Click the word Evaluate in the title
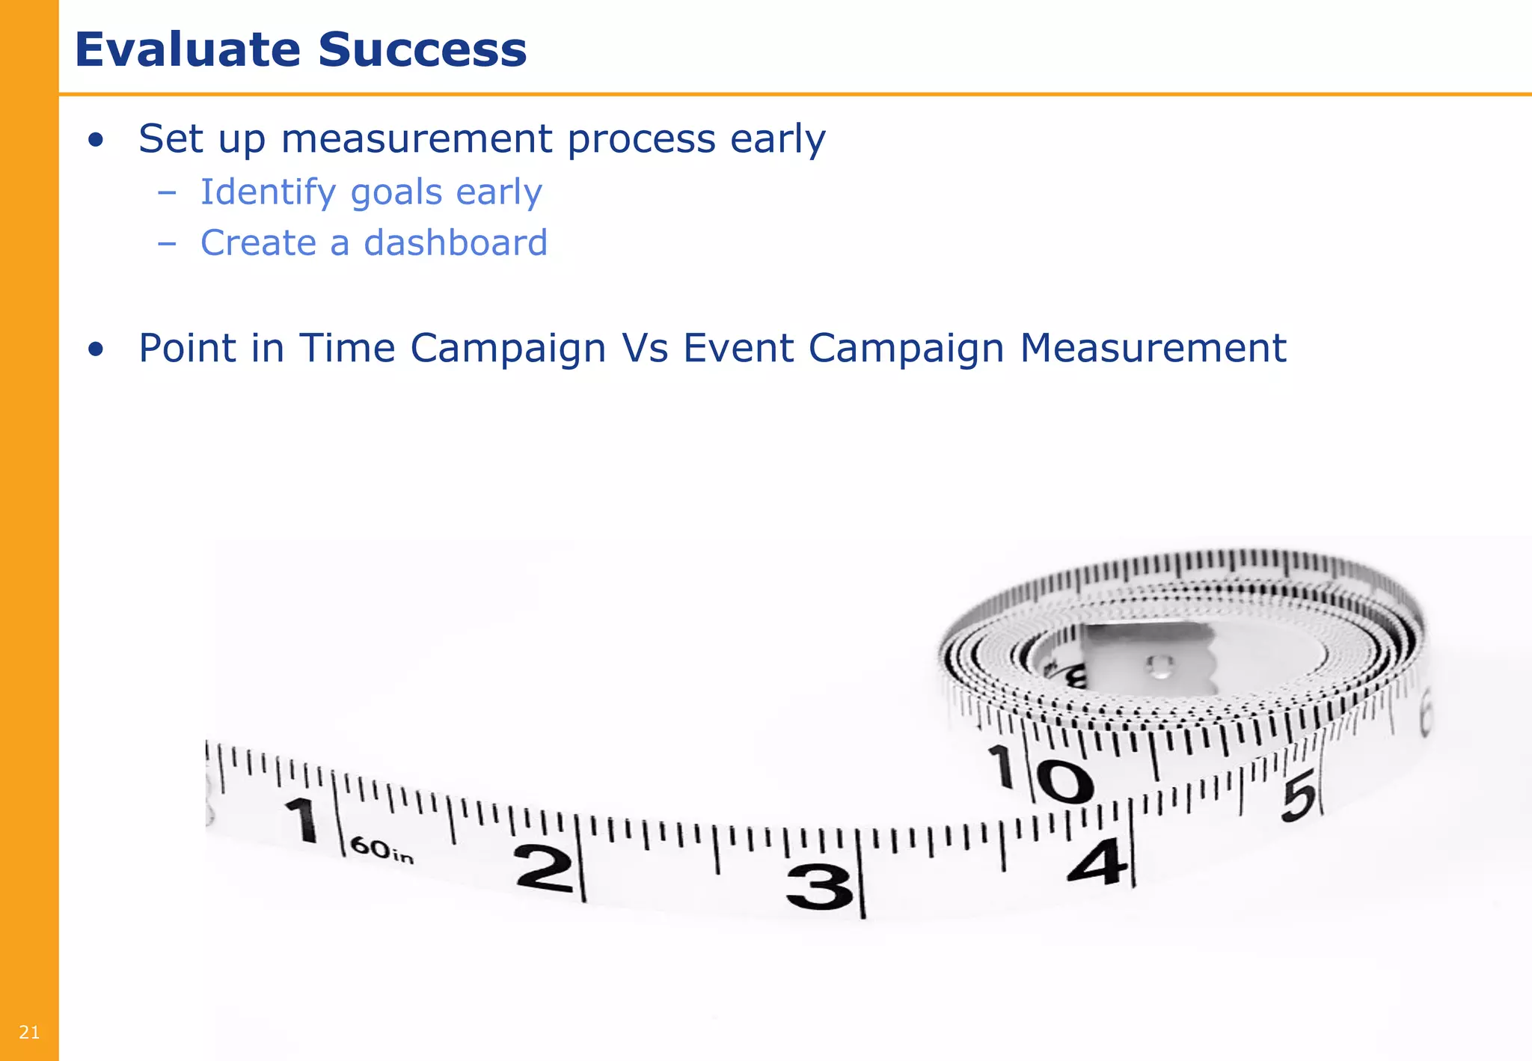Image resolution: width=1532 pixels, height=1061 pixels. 187,49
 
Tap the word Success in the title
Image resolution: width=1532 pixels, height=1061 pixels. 423,49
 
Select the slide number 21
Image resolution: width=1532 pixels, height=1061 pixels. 29,1033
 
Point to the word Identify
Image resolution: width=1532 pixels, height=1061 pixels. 268,193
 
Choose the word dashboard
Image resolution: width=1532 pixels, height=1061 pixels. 456,243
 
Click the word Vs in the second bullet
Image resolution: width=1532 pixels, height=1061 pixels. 644,349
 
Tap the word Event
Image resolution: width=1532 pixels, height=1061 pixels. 738,349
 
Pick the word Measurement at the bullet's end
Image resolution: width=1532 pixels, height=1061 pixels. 1153,349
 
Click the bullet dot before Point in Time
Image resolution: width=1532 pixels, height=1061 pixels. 96,349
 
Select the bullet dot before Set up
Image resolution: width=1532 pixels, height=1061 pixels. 96,140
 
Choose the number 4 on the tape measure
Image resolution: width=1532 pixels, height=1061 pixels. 1097,862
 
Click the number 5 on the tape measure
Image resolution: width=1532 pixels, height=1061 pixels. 1299,798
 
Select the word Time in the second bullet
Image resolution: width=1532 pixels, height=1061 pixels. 347,349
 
